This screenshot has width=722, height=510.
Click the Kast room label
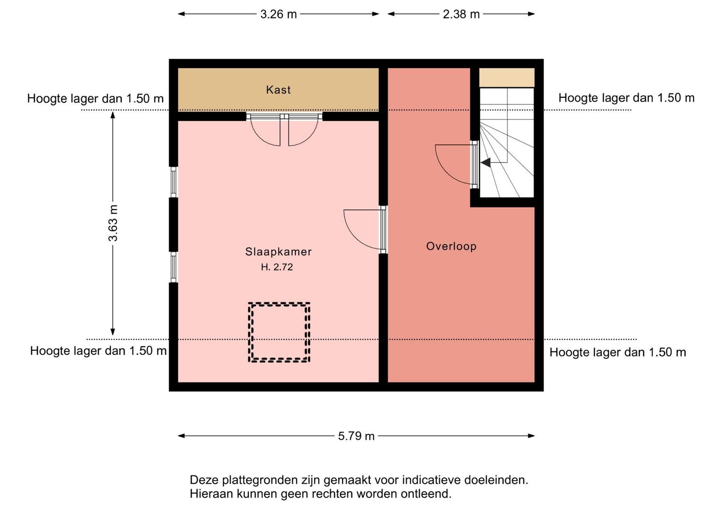pos(278,90)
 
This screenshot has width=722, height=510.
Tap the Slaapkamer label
pos(278,252)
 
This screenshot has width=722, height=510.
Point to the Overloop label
pos(451,246)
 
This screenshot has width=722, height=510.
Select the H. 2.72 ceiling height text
pos(277,267)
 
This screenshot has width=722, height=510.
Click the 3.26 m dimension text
pos(278,14)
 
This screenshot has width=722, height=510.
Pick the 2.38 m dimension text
pos(461,14)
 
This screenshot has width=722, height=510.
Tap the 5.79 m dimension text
pos(356,436)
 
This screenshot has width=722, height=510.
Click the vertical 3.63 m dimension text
pos(113,223)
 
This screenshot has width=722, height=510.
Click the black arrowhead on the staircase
pos(486,162)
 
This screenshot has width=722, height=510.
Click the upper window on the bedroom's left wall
pos(174,182)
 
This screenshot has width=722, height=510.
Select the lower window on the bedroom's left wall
pos(174,267)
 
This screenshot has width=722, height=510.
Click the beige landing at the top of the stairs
pos(507,77)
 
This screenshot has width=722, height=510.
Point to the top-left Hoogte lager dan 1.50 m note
pos(96,99)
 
